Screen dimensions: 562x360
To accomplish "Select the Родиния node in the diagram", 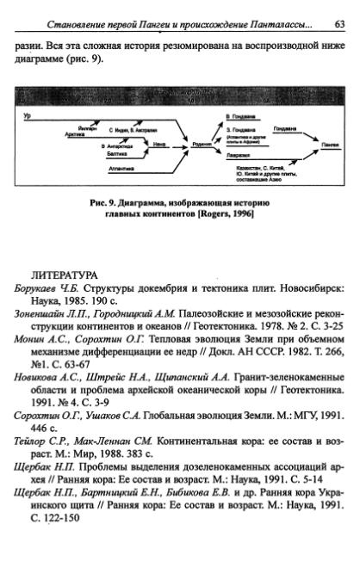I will (202, 145).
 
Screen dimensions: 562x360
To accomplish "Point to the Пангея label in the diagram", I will (330, 145).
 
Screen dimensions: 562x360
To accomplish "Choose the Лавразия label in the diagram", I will (234, 155).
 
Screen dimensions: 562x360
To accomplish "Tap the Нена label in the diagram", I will (159, 145).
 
